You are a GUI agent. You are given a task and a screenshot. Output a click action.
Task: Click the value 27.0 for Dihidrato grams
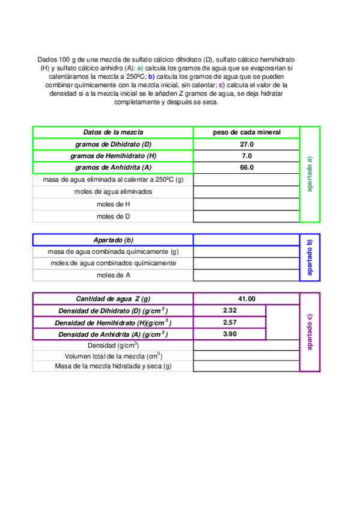[246, 144]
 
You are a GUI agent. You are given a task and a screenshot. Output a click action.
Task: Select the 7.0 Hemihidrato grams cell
[246, 156]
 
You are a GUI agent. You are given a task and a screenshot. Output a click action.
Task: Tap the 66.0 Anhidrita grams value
[246, 168]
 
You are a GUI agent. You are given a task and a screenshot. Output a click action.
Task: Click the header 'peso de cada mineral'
[246, 132]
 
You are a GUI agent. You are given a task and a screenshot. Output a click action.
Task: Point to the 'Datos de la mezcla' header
[113, 132]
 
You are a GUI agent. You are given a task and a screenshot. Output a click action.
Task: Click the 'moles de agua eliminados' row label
[113, 192]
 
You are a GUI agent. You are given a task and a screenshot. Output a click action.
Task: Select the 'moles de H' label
[113, 204]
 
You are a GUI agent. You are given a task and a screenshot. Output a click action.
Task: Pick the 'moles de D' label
[113, 216]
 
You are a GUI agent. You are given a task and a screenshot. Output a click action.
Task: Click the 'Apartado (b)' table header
[113, 240]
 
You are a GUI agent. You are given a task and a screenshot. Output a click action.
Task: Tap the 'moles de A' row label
[113, 275]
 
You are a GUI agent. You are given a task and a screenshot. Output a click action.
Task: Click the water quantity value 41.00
[246, 299]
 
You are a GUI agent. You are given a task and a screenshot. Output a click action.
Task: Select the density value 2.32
[230, 310]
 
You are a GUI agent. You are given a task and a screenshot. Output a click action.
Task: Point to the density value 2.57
[230, 322]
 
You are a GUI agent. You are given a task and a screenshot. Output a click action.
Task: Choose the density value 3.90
[230, 334]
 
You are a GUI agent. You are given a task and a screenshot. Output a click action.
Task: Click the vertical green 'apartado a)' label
[310, 174]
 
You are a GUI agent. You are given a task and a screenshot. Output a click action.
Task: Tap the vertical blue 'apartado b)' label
[310, 257]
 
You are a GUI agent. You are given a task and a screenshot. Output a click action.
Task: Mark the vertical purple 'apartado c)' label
[310, 332]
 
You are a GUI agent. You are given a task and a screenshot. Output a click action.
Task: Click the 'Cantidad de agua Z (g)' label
[113, 299]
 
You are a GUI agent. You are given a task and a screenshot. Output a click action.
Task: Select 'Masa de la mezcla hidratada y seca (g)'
[113, 366]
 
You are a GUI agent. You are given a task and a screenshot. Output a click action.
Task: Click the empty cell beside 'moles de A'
[246, 275]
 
